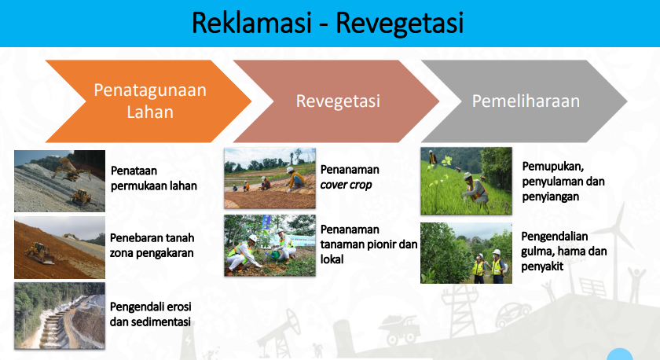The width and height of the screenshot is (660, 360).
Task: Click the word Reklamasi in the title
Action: [251, 23]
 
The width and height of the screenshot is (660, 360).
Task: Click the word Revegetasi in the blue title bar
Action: [399, 24]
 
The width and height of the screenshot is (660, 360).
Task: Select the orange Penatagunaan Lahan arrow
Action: [148, 101]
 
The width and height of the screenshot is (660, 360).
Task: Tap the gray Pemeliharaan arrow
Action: [524, 101]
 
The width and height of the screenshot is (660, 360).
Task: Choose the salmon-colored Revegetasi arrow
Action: [336, 101]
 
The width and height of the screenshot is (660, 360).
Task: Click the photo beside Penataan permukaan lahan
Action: [60, 181]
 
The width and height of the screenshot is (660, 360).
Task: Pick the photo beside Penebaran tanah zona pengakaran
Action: [60, 248]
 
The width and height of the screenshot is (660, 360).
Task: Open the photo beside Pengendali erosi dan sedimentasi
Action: [60, 316]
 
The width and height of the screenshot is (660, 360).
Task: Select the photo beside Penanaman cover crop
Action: [269, 178]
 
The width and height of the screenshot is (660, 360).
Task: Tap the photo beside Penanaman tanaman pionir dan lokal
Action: [269, 245]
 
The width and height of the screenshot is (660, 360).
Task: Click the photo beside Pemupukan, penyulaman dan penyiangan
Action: [467, 181]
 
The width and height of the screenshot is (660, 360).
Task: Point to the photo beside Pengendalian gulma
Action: [467, 253]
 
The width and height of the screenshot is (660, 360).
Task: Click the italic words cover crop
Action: [346, 185]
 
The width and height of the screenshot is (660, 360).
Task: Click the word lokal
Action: [332, 259]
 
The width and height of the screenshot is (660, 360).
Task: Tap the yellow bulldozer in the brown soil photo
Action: [39, 252]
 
